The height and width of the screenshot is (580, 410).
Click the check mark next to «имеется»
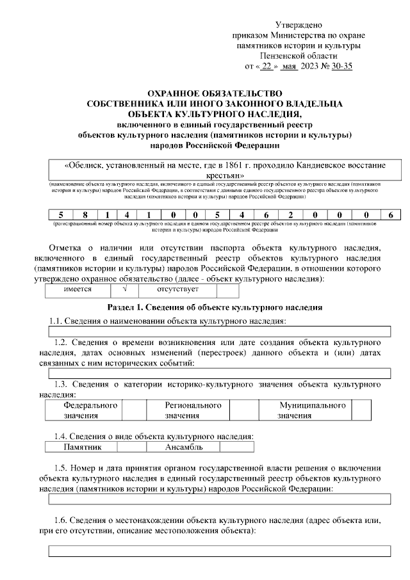click(x=125, y=290)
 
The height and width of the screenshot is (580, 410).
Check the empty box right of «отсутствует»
click(x=227, y=290)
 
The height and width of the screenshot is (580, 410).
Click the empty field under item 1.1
click(x=220, y=330)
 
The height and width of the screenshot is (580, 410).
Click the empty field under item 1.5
click(x=220, y=499)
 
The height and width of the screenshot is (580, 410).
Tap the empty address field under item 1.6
click(x=220, y=550)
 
